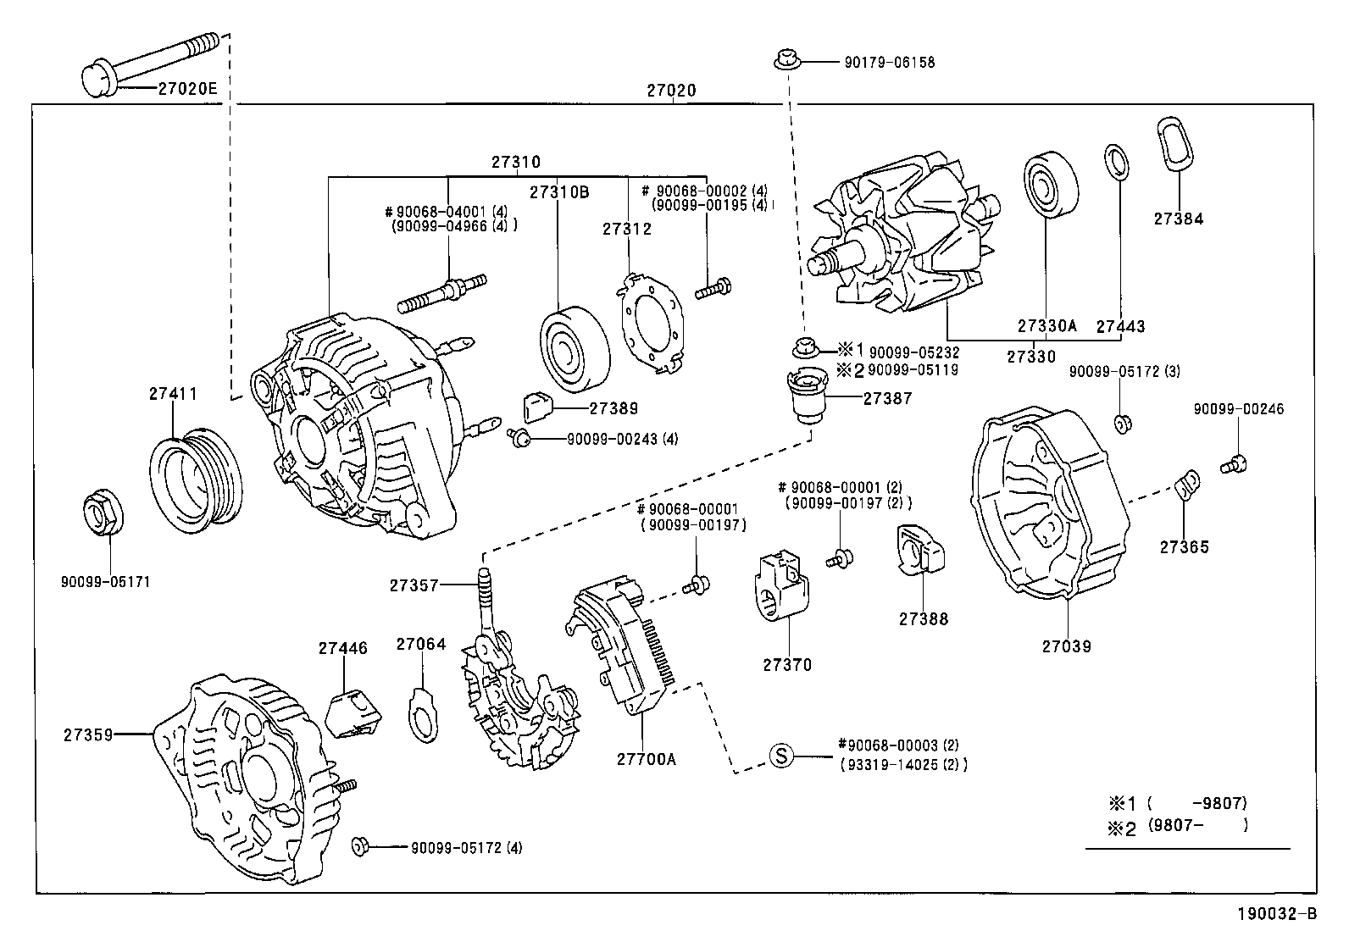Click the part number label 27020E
[187, 88]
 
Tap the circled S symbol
[782, 755]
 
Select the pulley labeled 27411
[196, 480]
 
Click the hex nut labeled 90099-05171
[103, 512]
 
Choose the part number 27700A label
[647, 759]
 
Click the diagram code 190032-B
[1277, 913]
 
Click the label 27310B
[559, 192]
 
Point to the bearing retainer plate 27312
[652, 324]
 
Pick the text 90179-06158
[890, 62]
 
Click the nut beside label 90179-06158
[787, 60]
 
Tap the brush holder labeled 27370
[781, 585]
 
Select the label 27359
[88, 734]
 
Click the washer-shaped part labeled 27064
[424, 715]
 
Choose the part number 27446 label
[342, 648]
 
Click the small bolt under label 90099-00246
[1234, 465]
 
